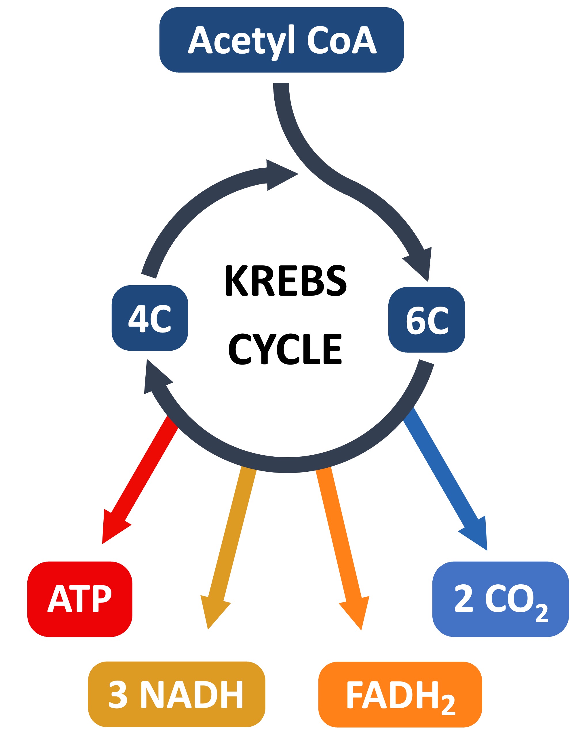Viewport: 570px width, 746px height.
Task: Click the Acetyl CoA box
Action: (x=282, y=40)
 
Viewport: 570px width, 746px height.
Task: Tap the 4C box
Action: (x=150, y=318)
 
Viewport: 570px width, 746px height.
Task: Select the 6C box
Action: (x=426, y=320)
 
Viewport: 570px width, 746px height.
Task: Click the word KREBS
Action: (x=286, y=280)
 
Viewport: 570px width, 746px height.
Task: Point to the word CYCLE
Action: (x=285, y=349)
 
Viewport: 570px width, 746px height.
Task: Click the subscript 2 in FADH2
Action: (x=448, y=705)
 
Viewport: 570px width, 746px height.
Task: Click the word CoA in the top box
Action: (x=342, y=40)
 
